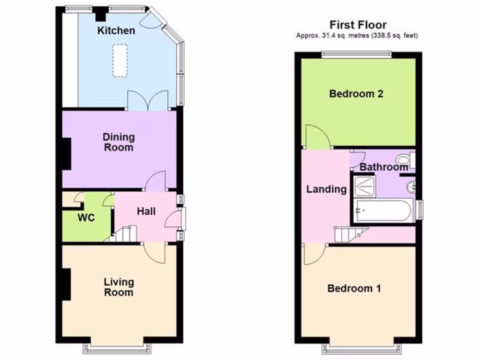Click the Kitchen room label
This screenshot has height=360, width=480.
[x=116, y=31]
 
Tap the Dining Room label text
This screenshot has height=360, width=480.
[x=118, y=142]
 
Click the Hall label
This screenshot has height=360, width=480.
[x=146, y=211]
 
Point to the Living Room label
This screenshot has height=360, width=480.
[x=119, y=287]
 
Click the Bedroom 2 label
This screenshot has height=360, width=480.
[x=356, y=94]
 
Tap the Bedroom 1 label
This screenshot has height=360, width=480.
[x=354, y=288]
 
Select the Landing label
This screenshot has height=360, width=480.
[x=326, y=189]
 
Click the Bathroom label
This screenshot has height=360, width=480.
[x=383, y=167]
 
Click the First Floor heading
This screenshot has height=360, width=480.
[x=358, y=25]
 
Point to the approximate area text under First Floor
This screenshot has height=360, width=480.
[x=357, y=36]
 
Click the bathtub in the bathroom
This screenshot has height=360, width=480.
[x=383, y=210]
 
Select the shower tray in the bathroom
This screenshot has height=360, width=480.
[x=364, y=187]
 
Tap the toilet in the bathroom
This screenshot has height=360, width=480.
[x=404, y=160]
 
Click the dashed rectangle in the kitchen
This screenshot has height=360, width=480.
[x=121, y=60]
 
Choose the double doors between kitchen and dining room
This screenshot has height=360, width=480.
[x=148, y=100]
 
